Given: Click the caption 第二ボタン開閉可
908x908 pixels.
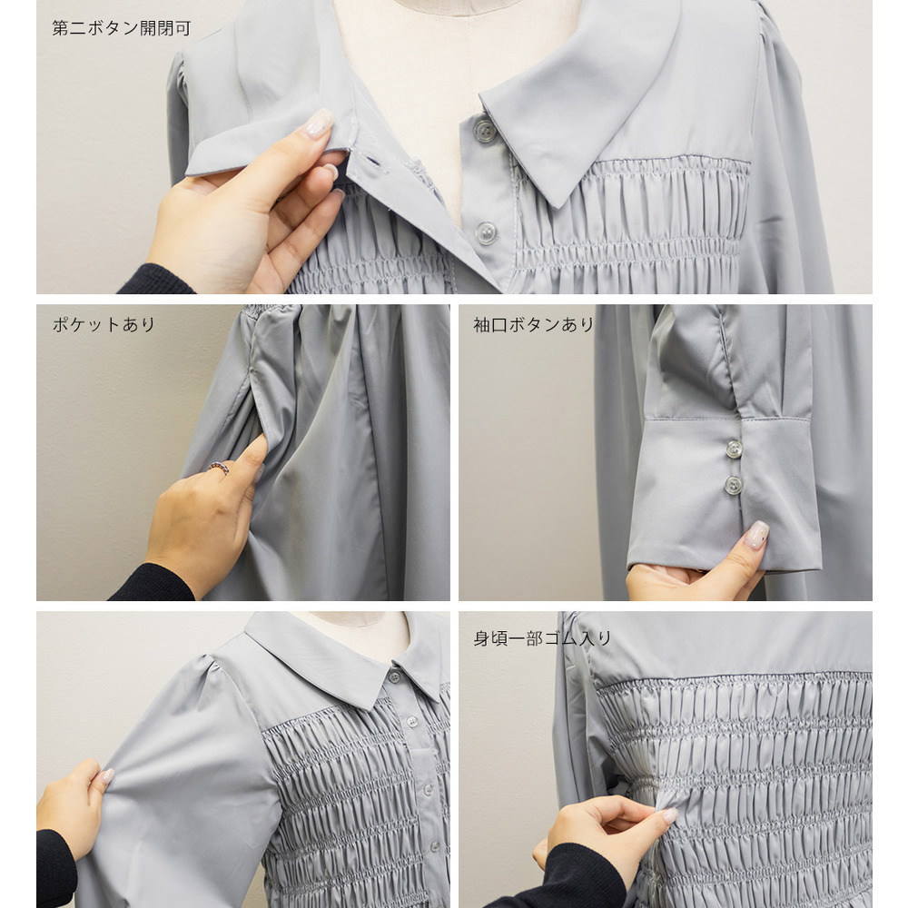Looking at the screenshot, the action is coord(121,28).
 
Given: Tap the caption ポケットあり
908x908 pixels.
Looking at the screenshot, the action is coord(104,324).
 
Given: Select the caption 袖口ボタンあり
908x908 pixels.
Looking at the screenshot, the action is coord(533,324).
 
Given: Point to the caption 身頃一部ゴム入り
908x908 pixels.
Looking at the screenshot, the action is coord(543,638).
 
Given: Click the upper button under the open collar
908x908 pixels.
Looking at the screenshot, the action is coord(485,131).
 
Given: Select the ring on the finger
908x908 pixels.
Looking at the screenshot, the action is coord(219,468).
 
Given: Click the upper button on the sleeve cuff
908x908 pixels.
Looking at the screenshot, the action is coord(735,449).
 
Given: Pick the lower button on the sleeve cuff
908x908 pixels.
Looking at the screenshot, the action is coord(734,485).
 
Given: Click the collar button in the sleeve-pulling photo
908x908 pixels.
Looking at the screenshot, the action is coord(395,676).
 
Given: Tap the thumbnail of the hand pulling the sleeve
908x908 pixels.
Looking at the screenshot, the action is coord(106,776).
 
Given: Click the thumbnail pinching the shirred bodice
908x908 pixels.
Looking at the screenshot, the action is coord(669,816).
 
